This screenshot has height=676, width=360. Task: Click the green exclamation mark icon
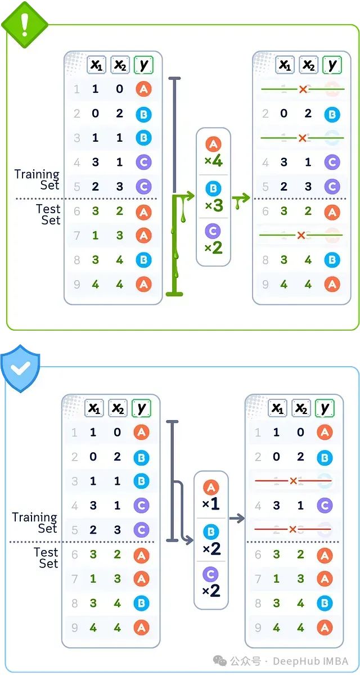pyautogui.click(x=24, y=24)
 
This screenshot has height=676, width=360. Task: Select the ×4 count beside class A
pyautogui.click(x=214, y=162)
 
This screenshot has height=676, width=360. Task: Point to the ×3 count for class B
pyautogui.click(x=214, y=205)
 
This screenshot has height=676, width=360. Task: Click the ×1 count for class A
pyautogui.click(x=211, y=504)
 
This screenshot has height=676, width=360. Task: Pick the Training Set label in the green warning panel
pyautogui.click(x=37, y=179)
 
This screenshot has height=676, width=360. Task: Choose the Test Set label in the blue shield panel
pyautogui.click(x=46, y=557)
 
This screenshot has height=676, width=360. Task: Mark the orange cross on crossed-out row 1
pyautogui.click(x=303, y=89)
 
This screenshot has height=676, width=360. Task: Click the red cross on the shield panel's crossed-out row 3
pyautogui.click(x=293, y=481)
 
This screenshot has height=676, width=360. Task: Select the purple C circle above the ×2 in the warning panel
pyautogui.click(x=213, y=231)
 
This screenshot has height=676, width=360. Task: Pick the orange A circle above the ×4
pyautogui.click(x=213, y=145)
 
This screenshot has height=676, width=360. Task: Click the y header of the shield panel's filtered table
pyautogui.click(x=324, y=408)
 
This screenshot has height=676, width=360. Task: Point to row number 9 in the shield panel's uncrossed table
pyautogui.click(x=74, y=627)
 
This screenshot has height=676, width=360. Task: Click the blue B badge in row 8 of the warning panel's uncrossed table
pyautogui.click(x=143, y=259)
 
